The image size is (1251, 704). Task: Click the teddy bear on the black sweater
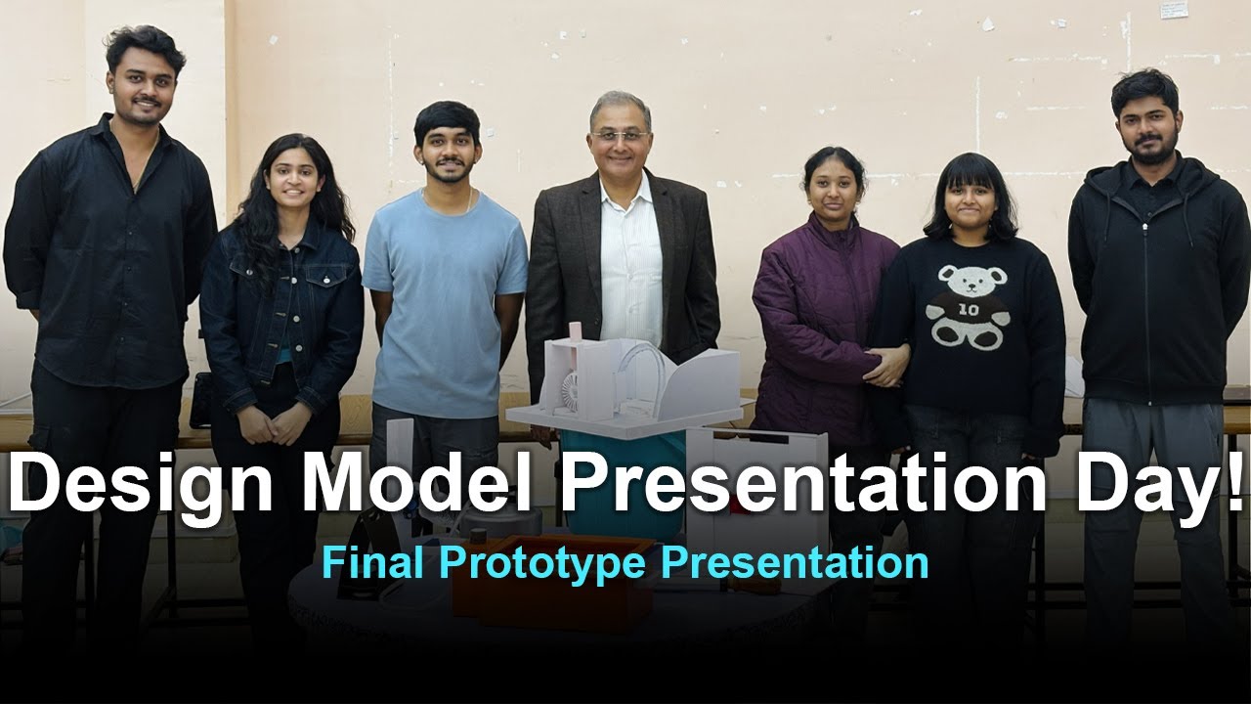click(x=967, y=305)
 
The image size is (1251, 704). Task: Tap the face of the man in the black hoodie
click(x=1147, y=125)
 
